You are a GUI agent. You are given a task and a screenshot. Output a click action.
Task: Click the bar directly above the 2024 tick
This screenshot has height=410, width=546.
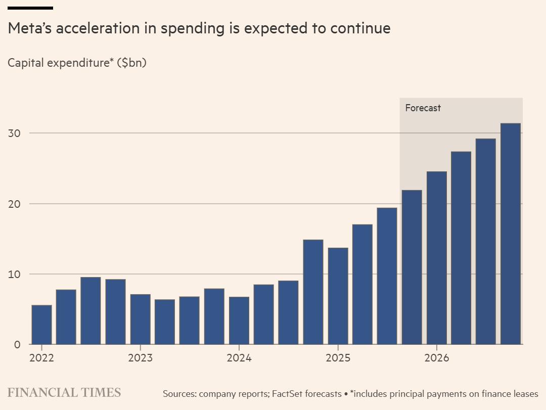pyautogui.click(x=239, y=321)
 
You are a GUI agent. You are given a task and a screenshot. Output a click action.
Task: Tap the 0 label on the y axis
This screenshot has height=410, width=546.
pyautogui.click(x=17, y=344)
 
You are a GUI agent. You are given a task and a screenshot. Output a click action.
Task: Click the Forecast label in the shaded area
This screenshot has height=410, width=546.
pyautogui.click(x=423, y=108)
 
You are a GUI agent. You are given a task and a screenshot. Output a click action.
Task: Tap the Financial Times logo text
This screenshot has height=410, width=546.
pyautogui.click(x=64, y=393)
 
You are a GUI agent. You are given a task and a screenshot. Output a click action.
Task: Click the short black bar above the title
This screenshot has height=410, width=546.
pyautogui.click(x=30, y=8)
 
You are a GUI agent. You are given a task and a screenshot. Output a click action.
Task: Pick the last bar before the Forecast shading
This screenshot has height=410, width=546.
pyautogui.click(x=387, y=276)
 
